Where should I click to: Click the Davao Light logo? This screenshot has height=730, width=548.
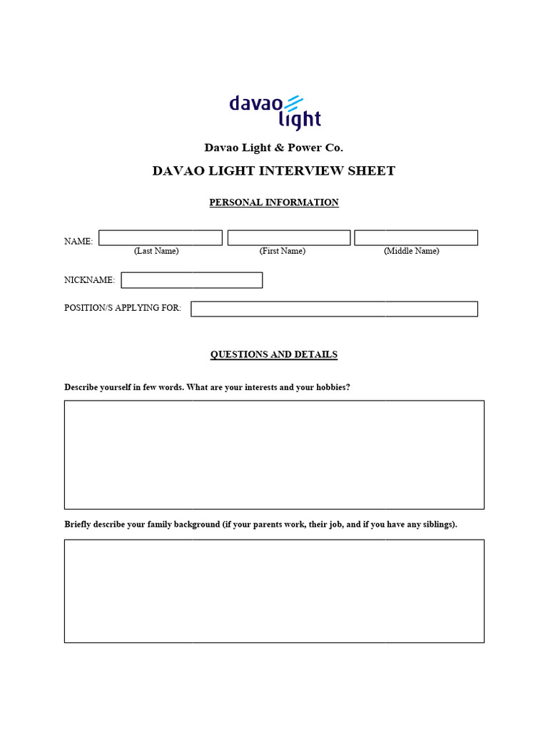tap(275, 112)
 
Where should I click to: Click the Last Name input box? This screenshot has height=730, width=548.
tap(161, 238)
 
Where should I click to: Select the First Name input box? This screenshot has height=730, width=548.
tap(289, 238)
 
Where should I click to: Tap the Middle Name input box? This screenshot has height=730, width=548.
tap(416, 238)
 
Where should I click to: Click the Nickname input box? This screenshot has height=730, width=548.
tap(192, 280)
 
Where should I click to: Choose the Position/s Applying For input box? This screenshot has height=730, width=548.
tap(334, 309)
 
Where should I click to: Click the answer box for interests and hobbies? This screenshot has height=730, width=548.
tap(274, 455)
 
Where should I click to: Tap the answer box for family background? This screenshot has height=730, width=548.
tap(274, 591)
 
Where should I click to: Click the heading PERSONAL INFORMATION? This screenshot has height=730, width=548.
tap(274, 202)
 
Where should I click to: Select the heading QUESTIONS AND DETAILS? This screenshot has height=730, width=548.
tap(274, 354)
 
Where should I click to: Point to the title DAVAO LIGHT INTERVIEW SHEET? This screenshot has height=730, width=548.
tap(274, 171)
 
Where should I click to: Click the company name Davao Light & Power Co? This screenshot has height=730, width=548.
tap(274, 148)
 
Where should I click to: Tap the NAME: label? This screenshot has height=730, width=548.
tap(78, 242)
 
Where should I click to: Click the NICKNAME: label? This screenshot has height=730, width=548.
tap(89, 280)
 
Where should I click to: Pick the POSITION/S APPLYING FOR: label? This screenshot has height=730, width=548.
tap(123, 308)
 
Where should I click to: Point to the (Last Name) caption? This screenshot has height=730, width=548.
tap(156, 251)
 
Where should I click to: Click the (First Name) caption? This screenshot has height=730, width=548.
tap(283, 251)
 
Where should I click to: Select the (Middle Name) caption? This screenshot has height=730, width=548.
tap(412, 251)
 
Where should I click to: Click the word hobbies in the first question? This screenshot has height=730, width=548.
tap(331, 388)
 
